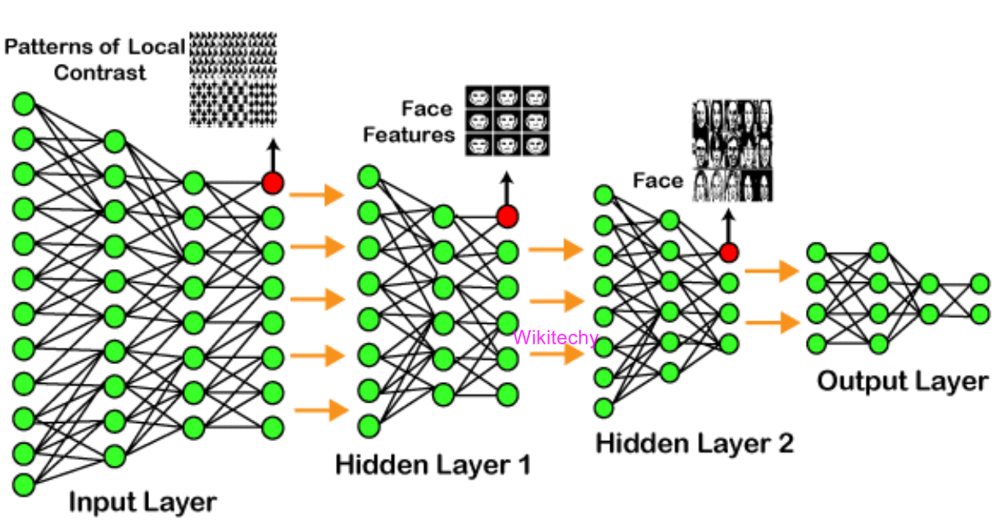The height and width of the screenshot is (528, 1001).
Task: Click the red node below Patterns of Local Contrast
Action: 273,183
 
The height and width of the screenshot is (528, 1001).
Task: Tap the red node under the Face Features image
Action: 508,216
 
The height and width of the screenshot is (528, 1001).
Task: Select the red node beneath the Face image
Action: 728,252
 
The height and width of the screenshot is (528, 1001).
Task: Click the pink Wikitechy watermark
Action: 555,337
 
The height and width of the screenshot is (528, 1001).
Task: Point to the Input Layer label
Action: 143,501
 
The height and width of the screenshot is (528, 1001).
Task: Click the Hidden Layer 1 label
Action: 433,465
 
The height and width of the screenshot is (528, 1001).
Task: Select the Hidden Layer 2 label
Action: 694,444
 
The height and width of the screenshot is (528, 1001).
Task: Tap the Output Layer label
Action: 902,381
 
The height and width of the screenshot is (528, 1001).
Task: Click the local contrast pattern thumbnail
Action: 233,79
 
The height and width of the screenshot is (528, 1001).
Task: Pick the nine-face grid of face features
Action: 508,121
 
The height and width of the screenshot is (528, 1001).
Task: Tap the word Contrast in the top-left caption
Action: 100,72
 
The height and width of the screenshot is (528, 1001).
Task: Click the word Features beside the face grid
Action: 409,134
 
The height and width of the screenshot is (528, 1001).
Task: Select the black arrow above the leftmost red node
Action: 273,153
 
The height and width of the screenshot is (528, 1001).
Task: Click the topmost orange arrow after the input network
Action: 316,195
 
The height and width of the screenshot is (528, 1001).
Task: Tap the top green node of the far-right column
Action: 980,284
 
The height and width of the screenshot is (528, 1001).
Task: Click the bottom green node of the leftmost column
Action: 24,485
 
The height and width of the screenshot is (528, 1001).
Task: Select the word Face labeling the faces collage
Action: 658,180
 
